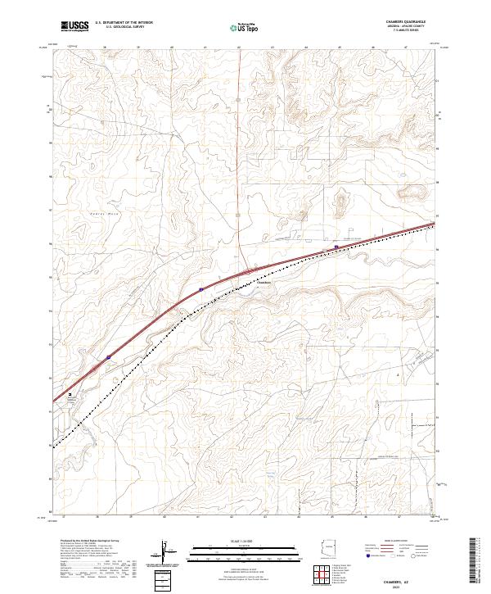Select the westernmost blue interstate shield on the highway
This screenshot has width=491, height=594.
tap(109, 357)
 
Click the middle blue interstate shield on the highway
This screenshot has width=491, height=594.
tap(200, 288)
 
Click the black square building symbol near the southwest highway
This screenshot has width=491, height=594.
tap(70, 394)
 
